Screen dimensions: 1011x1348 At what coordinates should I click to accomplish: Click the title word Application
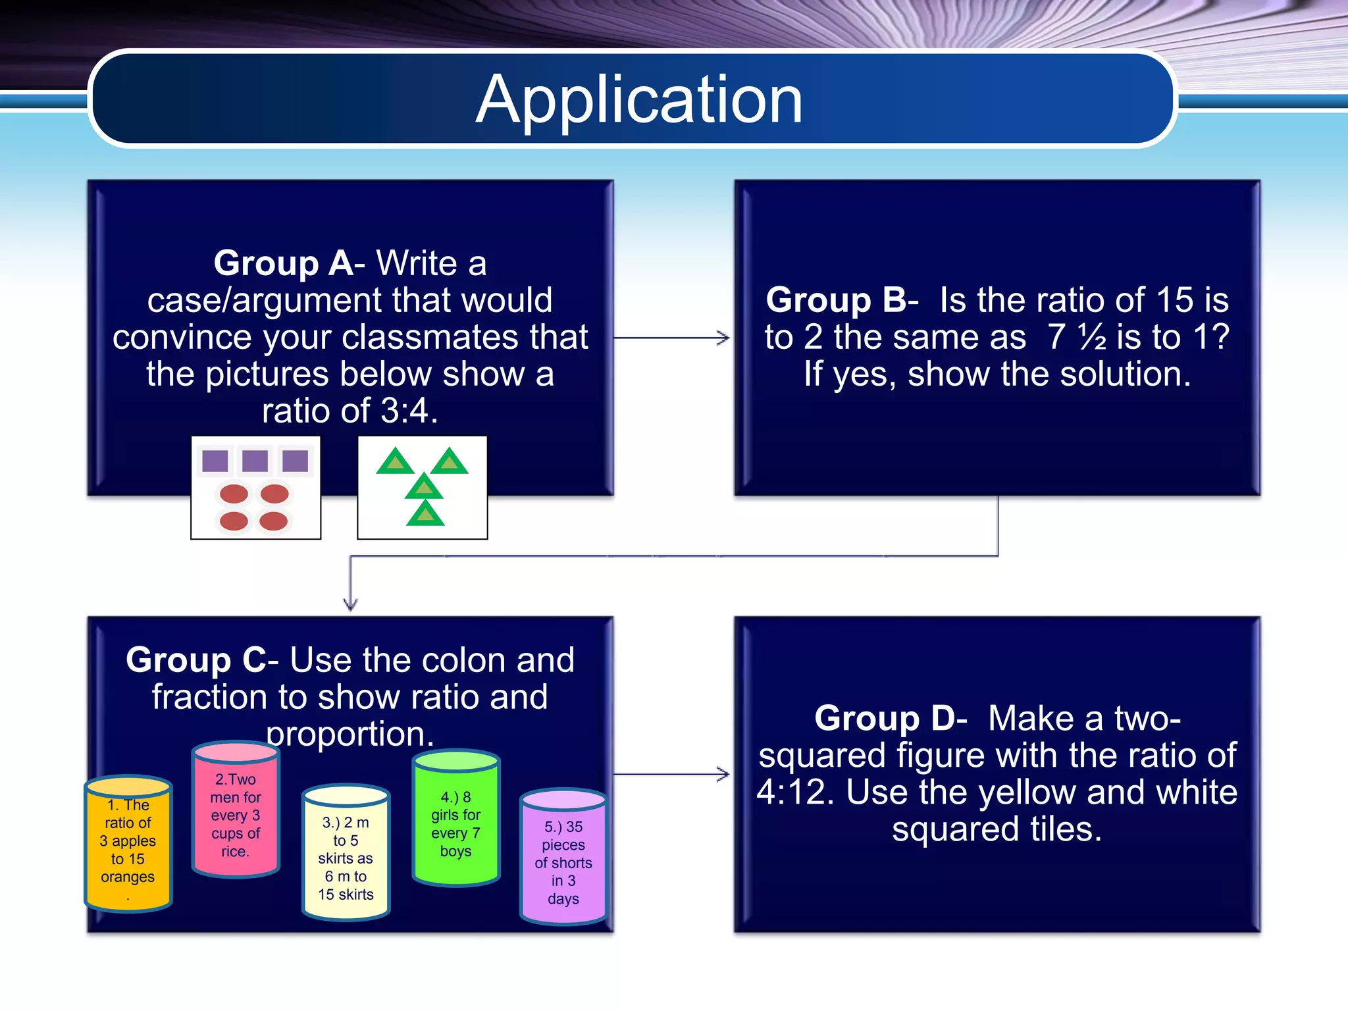point(639,100)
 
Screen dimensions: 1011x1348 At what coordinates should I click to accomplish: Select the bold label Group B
point(836,300)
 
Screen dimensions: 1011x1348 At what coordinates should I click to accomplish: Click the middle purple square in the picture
point(255,461)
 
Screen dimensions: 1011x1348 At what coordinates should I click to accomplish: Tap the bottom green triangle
point(425,515)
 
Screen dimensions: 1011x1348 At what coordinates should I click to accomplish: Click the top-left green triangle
point(395,462)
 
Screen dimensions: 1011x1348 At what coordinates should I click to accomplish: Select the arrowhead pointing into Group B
point(724,338)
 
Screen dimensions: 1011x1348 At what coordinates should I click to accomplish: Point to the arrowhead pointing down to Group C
point(350,604)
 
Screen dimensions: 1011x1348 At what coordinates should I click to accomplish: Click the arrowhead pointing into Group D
point(724,774)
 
